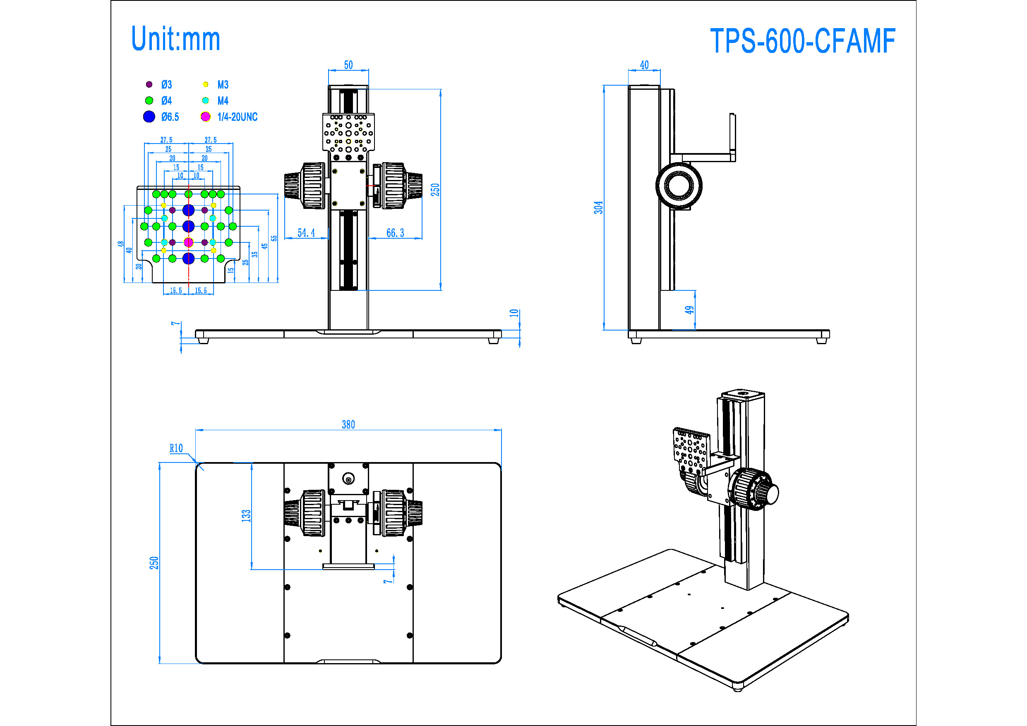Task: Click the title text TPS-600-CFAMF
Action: pyautogui.click(x=802, y=41)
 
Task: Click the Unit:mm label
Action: pyautogui.click(x=175, y=39)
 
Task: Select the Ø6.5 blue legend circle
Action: pyautogui.click(x=149, y=117)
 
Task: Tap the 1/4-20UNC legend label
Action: pyautogui.click(x=237, y=117)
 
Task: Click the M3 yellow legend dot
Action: pyautogui.click(x=205, y=84)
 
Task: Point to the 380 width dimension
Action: pyautogui.click(x=348, y=424)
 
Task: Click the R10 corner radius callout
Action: pyautogui.click(x=176, y=448)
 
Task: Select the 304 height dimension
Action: pyautogui.click(x=598, y=207)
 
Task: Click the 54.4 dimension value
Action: pyautogui.click(x=306, y=232)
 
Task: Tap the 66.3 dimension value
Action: pyautogui.click(x=395, y=232)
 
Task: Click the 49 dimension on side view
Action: pyautogui.click(x=690, y=309)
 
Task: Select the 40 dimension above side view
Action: pyautogui.click(x=644, y=65)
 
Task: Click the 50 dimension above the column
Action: pyautogui.click(x=348, y=65)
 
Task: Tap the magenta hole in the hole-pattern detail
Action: pyautogui.click(x=188, y=242)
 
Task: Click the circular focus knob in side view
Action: pyautogui.click(x=679, y=185)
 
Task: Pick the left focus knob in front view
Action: pyautogui.click(x=305, y=186)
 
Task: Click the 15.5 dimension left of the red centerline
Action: pyautogui.click(x=176, y=291)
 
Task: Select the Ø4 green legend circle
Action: pyautogui.click(x=149, y=101)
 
